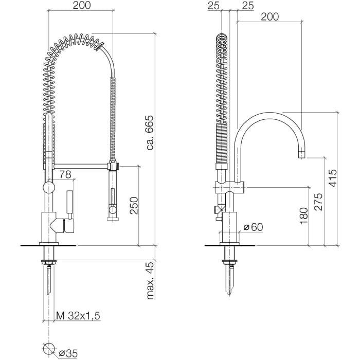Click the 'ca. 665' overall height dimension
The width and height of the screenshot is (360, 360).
[150, 132]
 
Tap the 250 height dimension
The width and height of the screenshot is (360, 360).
[133, 206]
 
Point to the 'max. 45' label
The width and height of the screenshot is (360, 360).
[150, 281]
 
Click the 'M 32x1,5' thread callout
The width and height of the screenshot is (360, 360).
[78, 316]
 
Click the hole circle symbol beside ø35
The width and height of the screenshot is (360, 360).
[49, 349]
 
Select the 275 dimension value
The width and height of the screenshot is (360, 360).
[318, 202]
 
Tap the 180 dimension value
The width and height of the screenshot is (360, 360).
[303, 215]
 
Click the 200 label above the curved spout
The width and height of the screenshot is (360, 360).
[269, 17]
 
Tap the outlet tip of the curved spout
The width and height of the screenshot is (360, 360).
[302, 154]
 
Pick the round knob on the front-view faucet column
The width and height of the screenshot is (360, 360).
[47, 187]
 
